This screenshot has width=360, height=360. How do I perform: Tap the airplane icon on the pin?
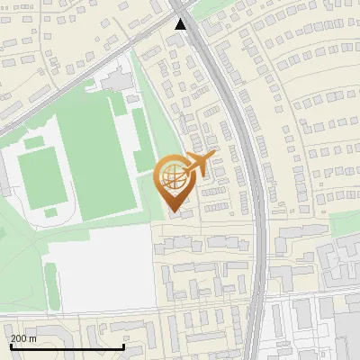coord(197,165)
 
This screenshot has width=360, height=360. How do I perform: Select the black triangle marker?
coord(181,24)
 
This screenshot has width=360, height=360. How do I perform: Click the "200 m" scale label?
coord(23,338)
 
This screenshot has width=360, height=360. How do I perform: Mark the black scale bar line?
coord(67,346)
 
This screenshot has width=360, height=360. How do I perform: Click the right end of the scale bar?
coord(123,346)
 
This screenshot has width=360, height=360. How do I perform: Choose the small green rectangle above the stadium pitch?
coord(34,142)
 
